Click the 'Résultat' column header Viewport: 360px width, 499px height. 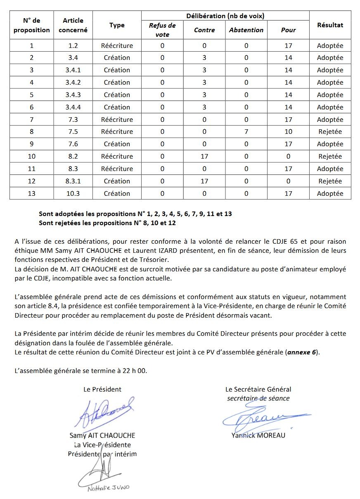[x=330, y=25]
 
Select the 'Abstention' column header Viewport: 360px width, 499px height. [x=246, y=30]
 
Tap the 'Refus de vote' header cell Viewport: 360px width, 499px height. [x=162, y=30]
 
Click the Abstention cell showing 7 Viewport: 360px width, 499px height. [x=246, y=132]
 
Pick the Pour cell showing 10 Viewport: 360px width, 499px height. [x=288, y=132]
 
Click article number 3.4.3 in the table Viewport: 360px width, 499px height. [x=73, y=95]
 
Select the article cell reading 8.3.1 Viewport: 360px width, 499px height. [x=73, y=181]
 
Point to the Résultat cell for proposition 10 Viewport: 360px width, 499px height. [x=330, y=156]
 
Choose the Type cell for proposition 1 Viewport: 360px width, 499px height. [x=117, y=45]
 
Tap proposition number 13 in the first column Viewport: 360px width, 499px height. [x=32, y=193]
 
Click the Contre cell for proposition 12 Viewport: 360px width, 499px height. [x=204, y=181]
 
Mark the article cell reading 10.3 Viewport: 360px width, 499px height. [x=73, y=193]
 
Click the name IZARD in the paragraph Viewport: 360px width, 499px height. [x=229, y=251]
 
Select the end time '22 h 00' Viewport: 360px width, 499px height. [x=134, y=371]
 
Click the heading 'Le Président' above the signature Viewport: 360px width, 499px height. [x=102, y=389]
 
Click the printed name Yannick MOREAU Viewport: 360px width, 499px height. [x=258, y=435]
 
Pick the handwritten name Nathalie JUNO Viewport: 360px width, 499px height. [x=109, y=488]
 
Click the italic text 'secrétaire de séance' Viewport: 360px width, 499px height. [x=258, y=399]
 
